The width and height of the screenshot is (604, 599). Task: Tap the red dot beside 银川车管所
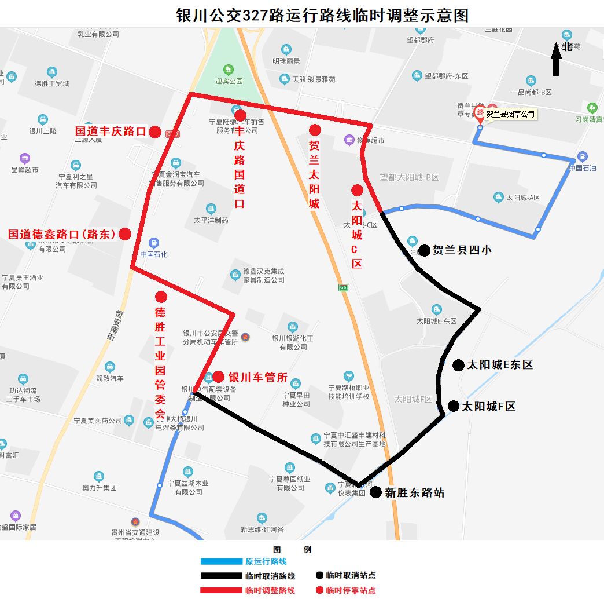coord(218,377)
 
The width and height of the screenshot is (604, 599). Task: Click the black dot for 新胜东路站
coord(375,492)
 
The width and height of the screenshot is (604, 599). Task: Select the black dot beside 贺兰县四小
coord(424,250)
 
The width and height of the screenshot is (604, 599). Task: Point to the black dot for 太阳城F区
coord(454,406)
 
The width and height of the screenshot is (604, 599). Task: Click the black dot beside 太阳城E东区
coord(458,365)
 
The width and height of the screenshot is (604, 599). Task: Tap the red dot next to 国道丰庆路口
coord(154,132)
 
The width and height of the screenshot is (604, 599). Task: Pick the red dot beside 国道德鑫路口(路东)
coord(124,234)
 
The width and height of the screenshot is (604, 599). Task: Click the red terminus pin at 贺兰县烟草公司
coord(479,112)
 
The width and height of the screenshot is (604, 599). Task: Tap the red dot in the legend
coord(319,590)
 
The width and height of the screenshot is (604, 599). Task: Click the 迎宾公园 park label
coord(229,81)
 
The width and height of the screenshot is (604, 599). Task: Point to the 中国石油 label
coord(582,168)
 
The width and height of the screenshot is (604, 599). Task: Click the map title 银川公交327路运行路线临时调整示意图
coord(322,15)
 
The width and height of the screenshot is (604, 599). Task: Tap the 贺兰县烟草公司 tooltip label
coord(510,114)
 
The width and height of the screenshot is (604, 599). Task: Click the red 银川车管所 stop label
coord(257,377)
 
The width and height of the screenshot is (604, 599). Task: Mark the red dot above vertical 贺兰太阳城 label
coord(315,130)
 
